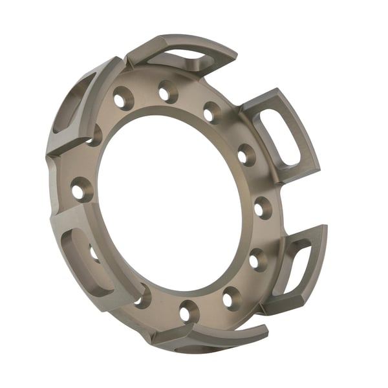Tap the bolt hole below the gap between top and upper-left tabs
coord(122,99)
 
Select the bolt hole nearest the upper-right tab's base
coord(246,155)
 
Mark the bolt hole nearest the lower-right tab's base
coord(257,259)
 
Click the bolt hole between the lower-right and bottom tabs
coord(231,298)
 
